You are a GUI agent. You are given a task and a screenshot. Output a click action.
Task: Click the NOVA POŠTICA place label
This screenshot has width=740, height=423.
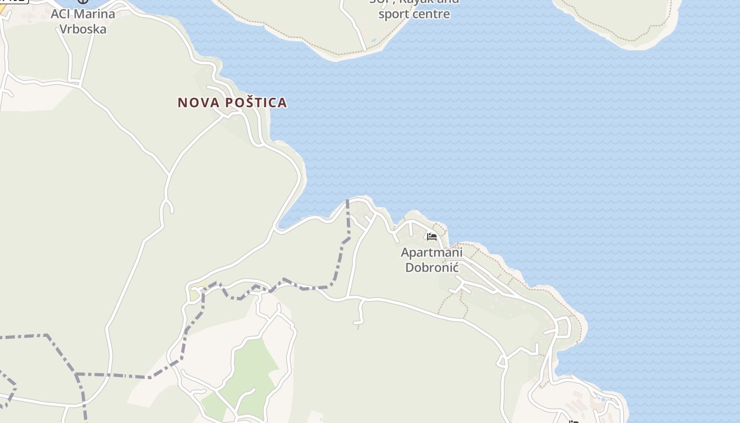click(x=232, y=103)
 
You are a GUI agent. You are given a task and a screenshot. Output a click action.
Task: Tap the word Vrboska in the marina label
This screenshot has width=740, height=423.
click(x=82, y=29)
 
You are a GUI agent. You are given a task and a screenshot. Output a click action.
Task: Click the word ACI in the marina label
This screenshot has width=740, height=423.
click(x=60, y=14)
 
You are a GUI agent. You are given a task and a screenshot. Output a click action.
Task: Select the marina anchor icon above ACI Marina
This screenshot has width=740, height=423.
click(x=82, y=2)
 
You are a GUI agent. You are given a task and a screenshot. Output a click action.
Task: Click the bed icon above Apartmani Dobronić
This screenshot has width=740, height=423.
click(x=432, y=236)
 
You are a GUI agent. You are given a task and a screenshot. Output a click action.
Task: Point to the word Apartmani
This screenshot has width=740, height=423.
click(x=431, y=252)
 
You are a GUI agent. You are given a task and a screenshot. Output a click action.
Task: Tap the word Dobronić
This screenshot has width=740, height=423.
click(x=431, y=267)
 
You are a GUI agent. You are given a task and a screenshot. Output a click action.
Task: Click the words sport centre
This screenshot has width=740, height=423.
click(x=414, y=14)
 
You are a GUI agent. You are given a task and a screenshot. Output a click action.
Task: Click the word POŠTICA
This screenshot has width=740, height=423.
click(x=256, y=103)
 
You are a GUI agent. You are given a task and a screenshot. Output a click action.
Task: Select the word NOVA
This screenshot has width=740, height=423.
click(x=198, y=103)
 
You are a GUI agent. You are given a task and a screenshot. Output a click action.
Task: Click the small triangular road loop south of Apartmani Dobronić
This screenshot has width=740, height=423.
click(x=461, y=289)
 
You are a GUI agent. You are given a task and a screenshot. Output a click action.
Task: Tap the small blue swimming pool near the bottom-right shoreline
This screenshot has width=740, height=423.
click(x=603, y=400)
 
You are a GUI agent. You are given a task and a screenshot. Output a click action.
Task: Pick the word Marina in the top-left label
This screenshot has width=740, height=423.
click(x=95, y=14)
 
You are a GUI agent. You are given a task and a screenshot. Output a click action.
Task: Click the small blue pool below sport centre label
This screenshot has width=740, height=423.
click(x=374, y=40)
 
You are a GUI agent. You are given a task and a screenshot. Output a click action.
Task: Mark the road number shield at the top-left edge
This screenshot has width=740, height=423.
click(x=13, y=1)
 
